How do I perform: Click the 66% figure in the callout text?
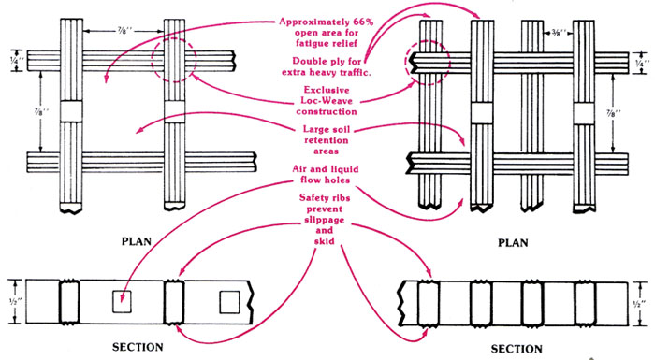362,22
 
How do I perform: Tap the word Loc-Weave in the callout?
327,101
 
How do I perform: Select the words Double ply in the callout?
315,62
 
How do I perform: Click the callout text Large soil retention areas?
327,140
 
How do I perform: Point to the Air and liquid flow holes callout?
326,175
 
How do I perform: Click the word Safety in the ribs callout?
313,197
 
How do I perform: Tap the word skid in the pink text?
325,241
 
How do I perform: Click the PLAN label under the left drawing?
137,241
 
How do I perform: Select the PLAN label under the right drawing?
513,242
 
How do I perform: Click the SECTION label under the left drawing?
138,347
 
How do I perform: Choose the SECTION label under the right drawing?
517,349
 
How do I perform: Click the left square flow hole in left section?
122,301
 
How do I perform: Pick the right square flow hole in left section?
230,302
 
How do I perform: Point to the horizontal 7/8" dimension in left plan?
123,31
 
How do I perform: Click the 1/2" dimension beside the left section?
14,301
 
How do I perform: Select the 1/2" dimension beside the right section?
639,303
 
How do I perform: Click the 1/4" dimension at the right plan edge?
639,63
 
